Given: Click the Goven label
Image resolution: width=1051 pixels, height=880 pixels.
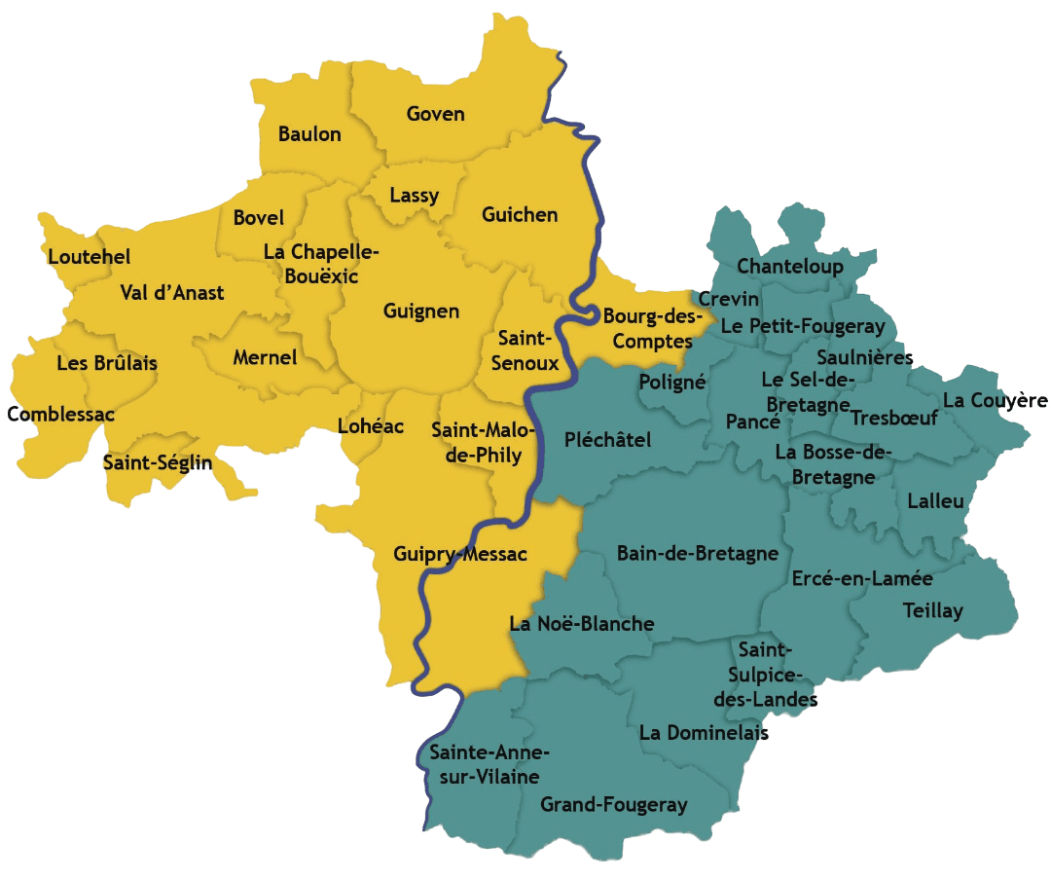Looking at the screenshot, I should click(435, 114).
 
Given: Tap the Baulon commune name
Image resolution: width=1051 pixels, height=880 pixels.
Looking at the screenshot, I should click(309, 134).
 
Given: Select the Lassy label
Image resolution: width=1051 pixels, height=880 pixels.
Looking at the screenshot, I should click(414, 196).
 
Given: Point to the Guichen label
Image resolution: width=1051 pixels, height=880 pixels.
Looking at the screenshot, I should click(520, 215).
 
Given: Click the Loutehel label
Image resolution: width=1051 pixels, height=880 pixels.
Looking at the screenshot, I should click(89, 258).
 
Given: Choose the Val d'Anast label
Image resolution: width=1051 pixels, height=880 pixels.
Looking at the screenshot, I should click(172, 293).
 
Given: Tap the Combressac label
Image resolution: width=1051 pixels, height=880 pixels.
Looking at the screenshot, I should click(60, 415).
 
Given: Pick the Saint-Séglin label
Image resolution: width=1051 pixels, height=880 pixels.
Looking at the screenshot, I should click(157, 462).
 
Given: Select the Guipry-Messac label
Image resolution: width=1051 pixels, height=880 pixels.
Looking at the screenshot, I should click(460, 555).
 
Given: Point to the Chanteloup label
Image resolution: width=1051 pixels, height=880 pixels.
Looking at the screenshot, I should click(789, 267).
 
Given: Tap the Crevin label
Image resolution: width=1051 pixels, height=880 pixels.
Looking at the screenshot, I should click(729, 299).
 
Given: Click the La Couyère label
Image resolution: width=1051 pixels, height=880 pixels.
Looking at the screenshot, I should click(995, 401).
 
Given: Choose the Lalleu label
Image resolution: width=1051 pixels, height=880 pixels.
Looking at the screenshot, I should click(935, 502).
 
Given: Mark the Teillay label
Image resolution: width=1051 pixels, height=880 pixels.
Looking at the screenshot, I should click(932, 611).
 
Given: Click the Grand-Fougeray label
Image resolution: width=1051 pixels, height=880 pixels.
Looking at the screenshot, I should click(613, 805).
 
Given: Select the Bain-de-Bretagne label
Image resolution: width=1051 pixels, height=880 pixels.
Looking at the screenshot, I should click(698, 554).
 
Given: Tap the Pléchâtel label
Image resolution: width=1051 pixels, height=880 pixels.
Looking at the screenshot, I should click(607, 441).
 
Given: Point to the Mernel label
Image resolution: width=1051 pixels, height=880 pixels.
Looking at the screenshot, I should click(265, 358).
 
